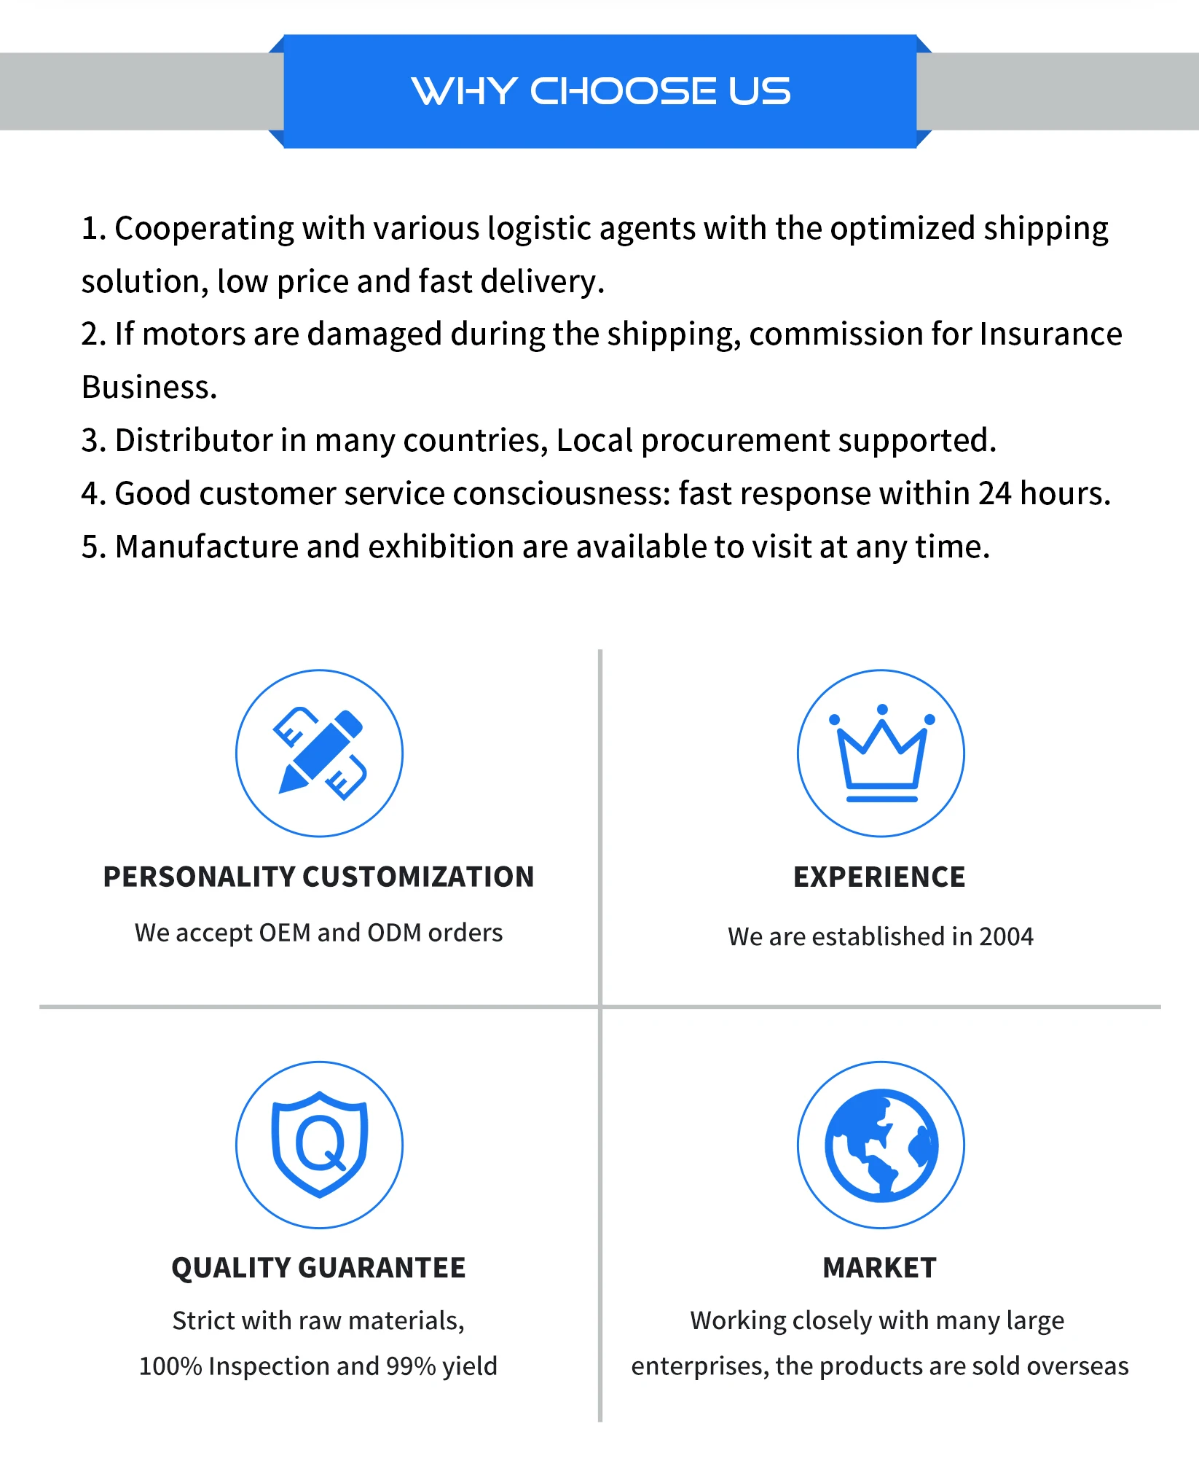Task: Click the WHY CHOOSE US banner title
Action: coord(600,91)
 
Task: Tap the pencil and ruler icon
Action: coord(319,753)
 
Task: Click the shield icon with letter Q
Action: coord(319,1144)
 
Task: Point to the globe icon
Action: coord(881,1145)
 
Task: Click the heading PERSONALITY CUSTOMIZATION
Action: coord(319,877)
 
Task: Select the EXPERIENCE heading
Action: coord(879,877)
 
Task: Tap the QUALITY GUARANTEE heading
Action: coord(319,1268)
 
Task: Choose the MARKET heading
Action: coord(879,1268)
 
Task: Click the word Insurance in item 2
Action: coord(1050,334)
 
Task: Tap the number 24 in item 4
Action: coord(994,493)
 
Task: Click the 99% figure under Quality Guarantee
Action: coord(410,1366)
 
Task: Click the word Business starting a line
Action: coord(149,387)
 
